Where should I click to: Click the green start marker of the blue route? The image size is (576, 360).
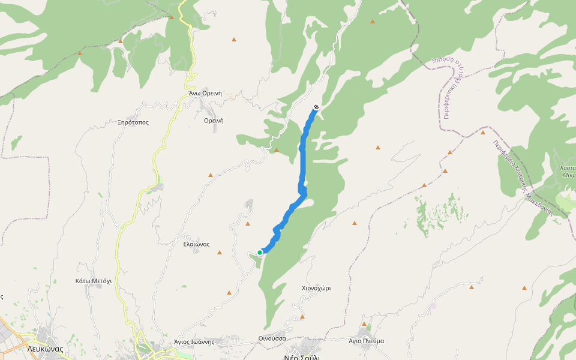[x=260, y=253]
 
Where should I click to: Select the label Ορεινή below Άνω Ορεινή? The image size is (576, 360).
[x=214, y=121]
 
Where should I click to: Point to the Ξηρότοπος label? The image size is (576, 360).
[x=133, y=122]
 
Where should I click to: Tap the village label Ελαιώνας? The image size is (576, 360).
[x=196, y=244]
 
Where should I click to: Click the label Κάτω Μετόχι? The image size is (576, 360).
[x=94, y=281]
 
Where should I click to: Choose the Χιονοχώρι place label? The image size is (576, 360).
[x=316, y=288]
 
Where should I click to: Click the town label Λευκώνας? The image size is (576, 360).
[x=45, y=348]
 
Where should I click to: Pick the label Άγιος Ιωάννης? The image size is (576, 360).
[x=194, y=341]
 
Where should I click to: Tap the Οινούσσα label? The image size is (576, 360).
[x=272, y=338]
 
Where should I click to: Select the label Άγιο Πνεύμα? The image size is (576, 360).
[x=366, y=341]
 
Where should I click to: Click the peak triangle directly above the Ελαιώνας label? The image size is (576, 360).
[x=248, y=224]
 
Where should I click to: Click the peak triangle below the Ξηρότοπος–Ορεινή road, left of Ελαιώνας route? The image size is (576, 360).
[x=211, y=175]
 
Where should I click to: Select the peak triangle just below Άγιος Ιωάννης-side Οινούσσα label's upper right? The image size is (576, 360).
[x=302, y=316]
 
